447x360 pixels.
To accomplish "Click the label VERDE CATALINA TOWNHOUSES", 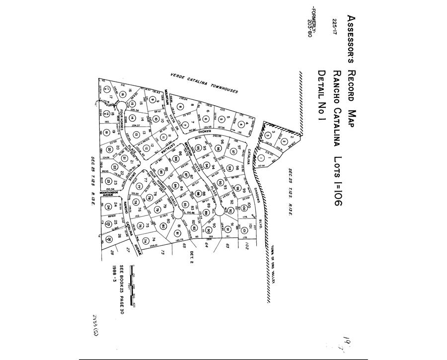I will click(x=204, y=83).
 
